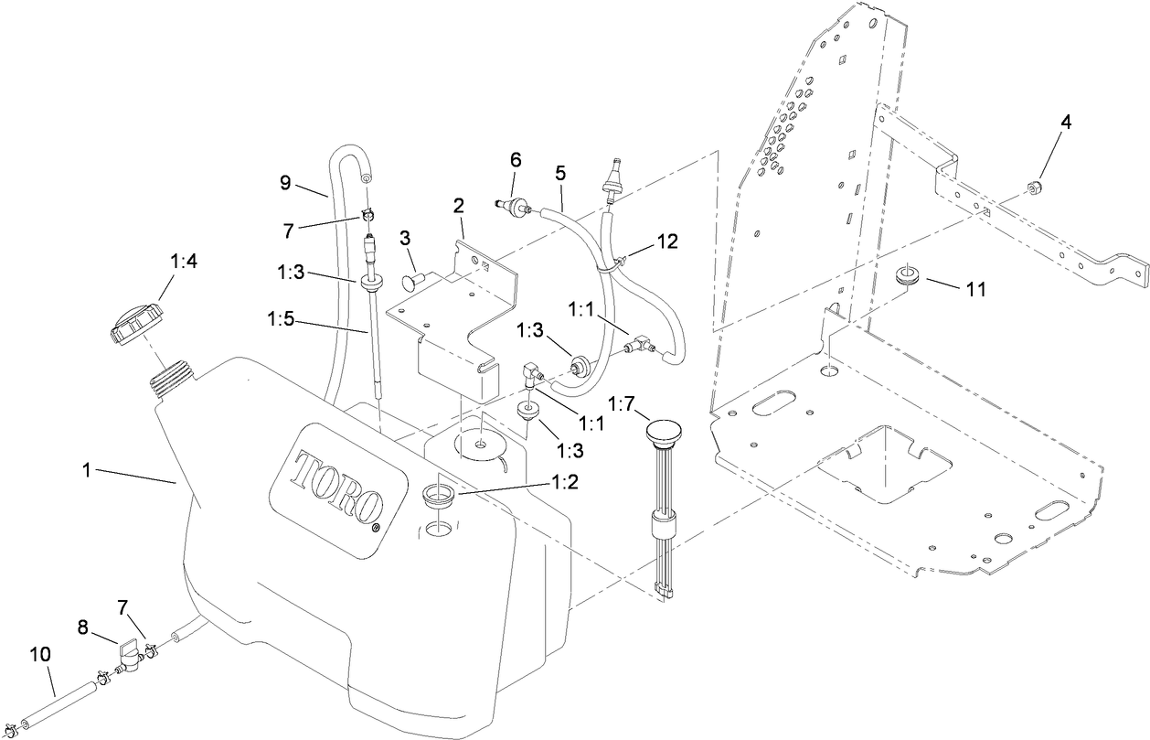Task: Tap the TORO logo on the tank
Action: (x=338, y=481)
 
